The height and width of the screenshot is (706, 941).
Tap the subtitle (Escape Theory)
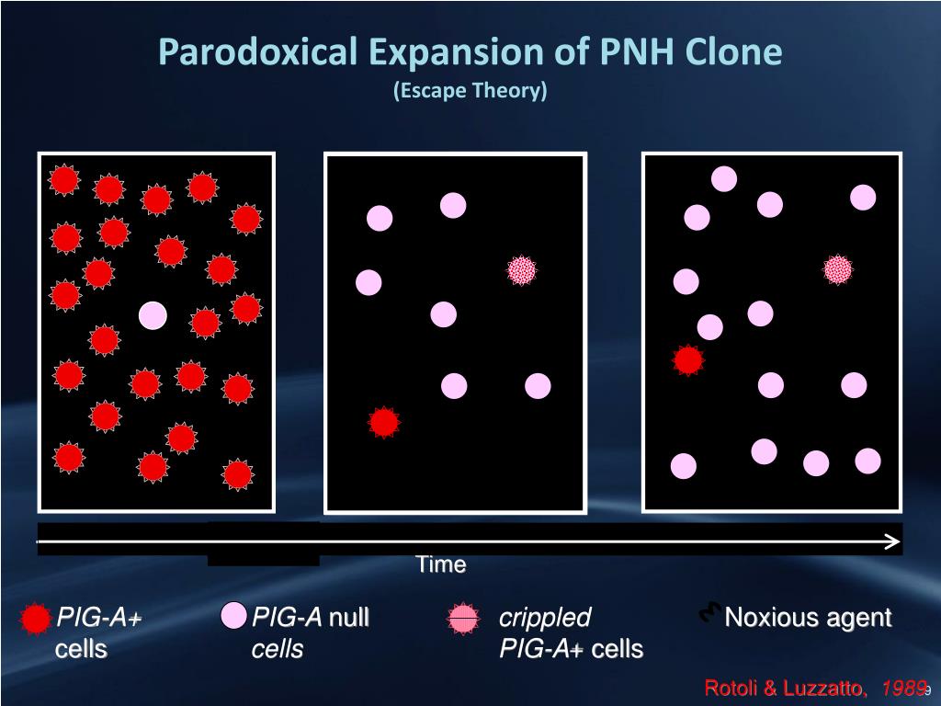click(x=470, y=91)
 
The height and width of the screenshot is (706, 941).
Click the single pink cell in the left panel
click(x=153, y=315)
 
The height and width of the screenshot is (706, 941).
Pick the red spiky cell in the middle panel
click(x=384, y=422)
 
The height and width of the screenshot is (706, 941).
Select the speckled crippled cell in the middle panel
click(x=522, y=269)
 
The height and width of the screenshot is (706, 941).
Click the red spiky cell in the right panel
click(x=688, y=360)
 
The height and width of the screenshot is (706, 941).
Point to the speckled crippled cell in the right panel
click(x=838, y=269)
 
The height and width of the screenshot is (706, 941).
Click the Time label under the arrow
click(x=441, y=564)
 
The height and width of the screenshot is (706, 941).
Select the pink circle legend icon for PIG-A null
click(x=234, y=616)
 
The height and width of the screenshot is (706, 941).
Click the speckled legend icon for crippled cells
click(x=464, y=620)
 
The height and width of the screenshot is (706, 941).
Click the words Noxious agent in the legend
click(x=808, y=618)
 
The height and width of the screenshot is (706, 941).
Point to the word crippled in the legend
click(x=545, y=618)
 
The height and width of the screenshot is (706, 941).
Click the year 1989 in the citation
click(x=901, y=689)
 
